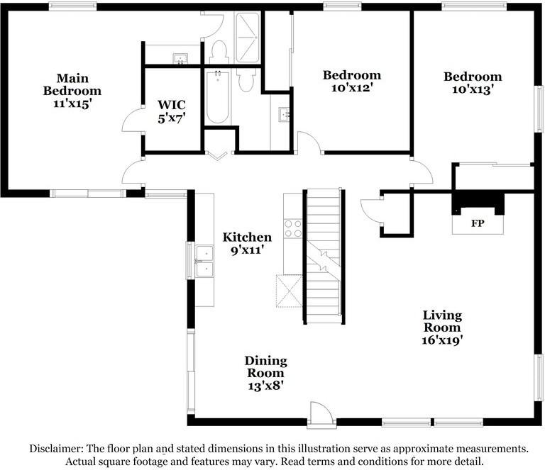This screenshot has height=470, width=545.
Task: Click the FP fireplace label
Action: click(x=478, y=223)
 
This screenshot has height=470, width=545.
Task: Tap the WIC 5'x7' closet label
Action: click(x=171, y=112)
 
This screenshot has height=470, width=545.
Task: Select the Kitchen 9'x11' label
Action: click(x=247, y=243)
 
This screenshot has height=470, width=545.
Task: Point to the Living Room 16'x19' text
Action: click(x=442, y=328)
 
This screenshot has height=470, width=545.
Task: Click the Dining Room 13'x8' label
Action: click(x=266, y=374)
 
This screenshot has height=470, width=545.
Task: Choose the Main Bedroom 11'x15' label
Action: click(x=72, y=91)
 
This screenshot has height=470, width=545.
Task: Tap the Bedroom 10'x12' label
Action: click(x=352, y=82)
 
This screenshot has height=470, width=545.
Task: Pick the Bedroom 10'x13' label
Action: click(x=473, y=83)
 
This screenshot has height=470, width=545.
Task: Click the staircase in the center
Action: click(x=324, y=257)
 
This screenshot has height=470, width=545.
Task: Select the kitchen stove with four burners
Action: click(x=293, y=228)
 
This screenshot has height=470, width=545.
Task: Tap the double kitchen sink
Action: click(x=204, y=261)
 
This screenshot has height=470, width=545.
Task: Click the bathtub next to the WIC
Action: click(x=218, y=97)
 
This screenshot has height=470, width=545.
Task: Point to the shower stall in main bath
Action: click(x=247, y=38)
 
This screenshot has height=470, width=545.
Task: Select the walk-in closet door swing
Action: click(x=133, y=120)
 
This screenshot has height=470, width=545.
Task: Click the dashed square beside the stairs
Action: click(x=290, y=291)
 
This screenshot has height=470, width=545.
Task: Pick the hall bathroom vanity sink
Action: click(x=285, y=114)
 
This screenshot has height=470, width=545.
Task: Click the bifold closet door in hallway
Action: click(x=217, y=155)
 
